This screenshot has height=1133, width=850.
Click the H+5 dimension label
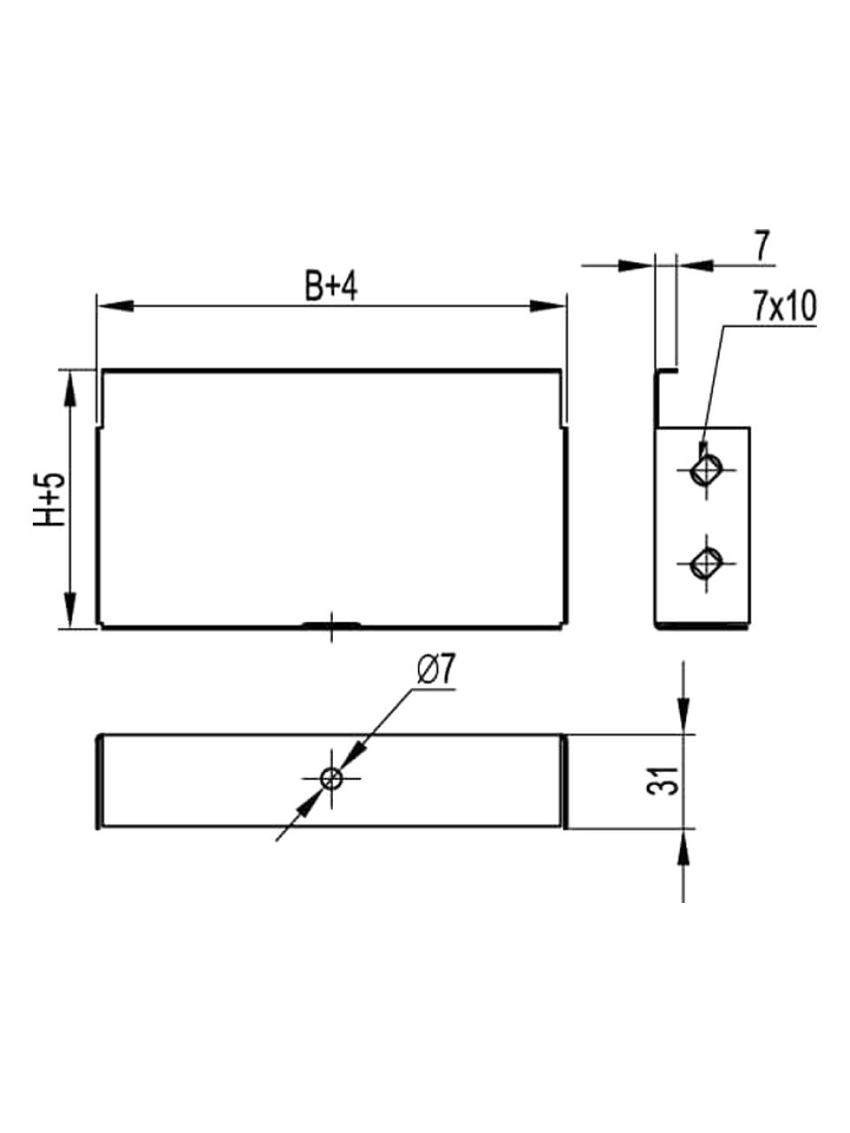pos(50,499)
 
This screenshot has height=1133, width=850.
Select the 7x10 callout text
pos(785,309)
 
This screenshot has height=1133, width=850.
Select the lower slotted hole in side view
pos(707,564)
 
